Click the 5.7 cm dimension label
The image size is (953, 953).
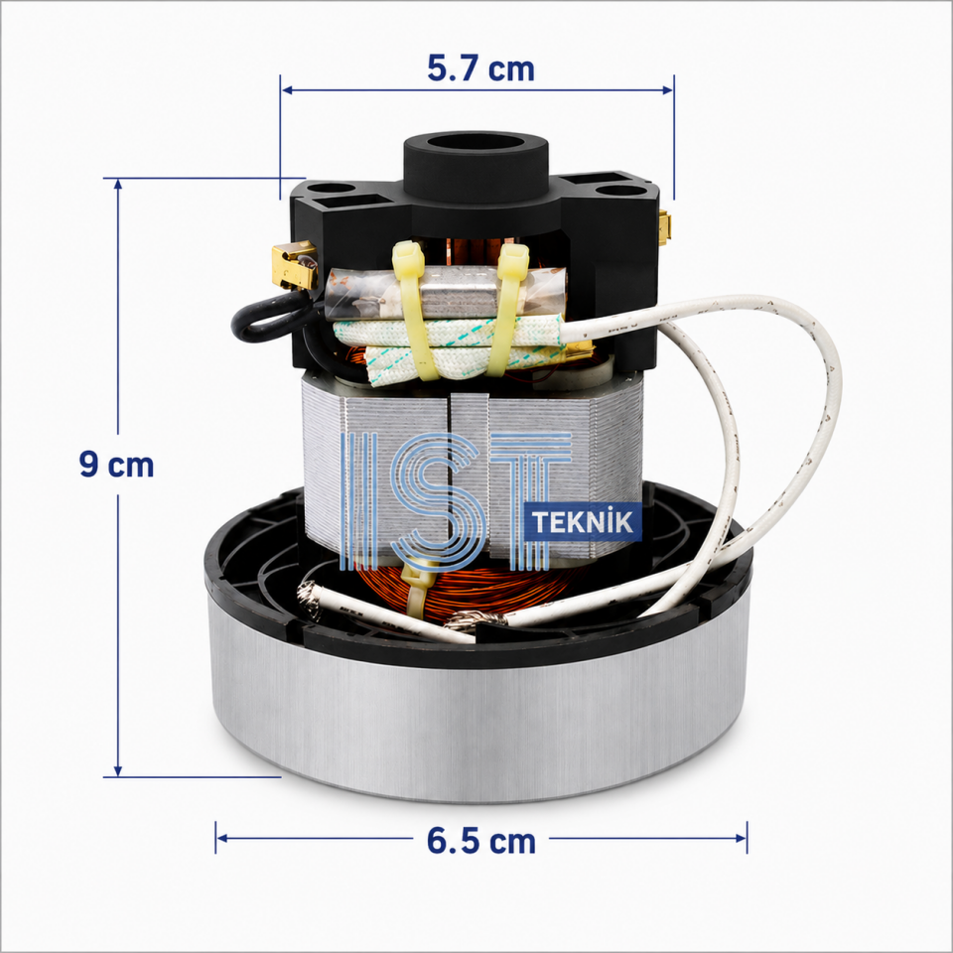[480, 68]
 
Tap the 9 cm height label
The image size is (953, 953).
[116, 465]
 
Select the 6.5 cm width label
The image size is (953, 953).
[480, 841]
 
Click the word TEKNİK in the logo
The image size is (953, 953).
[583, 522]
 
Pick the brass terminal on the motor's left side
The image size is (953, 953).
[295, 265]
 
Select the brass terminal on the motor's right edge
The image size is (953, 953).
[664, 228]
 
